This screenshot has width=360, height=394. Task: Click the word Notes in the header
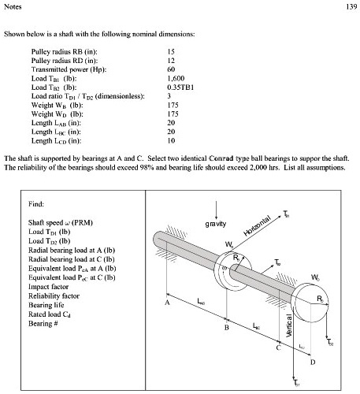13,7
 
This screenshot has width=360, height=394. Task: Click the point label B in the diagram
227,326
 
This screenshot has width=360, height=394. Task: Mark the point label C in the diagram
278,348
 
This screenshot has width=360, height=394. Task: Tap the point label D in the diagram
313,362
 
